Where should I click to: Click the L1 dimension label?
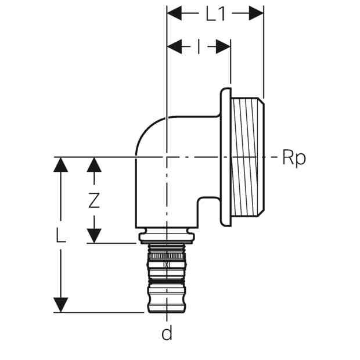click(215, 15)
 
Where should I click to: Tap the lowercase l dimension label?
click(199, 46)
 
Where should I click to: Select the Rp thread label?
click(294, 158)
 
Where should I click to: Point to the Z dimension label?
click(94, 200)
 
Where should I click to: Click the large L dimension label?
click(60, 235)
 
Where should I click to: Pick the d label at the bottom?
click(167, 333)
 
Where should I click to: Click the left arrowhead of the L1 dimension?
click(175, 13)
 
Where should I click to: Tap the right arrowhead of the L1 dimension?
click(256, 13)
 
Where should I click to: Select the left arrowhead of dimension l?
click(175, 46)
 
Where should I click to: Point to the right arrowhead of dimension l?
click(223, 46)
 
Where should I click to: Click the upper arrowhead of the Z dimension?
click(94, 165)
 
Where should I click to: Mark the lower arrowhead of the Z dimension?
click(94, 236)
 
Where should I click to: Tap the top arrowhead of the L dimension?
click(60, 165)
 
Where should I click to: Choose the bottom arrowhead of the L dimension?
click(60, 305)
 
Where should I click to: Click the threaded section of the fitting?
click(247, 157)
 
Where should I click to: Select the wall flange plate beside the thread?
click(226, 157)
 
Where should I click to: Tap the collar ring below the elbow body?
click(167, 237)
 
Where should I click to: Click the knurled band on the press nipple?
click(167, 255)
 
